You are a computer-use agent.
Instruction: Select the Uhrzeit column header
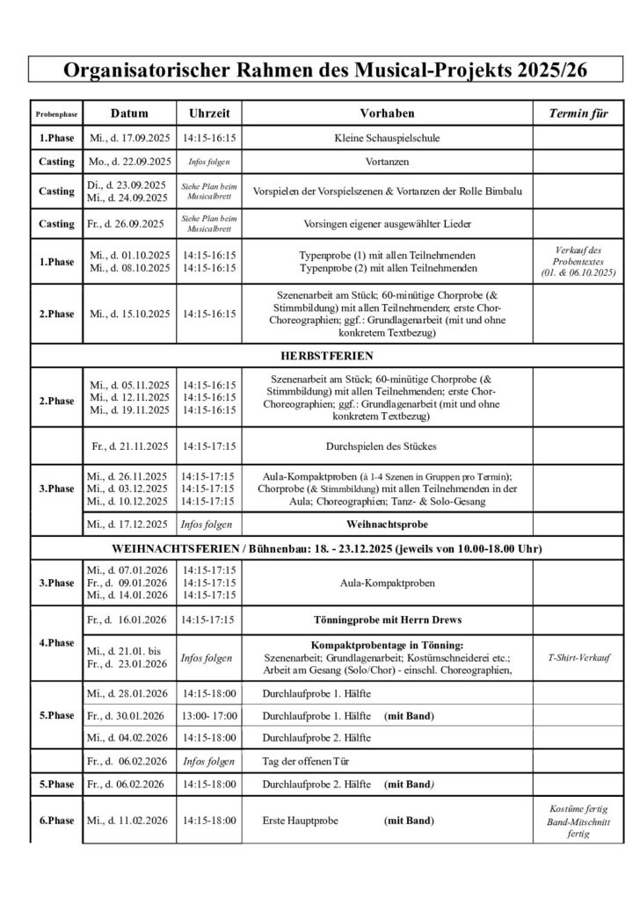[x=209, y=114]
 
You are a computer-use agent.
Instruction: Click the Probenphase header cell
[x=55, y=115]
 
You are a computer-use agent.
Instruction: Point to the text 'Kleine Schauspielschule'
[x=387, y=139]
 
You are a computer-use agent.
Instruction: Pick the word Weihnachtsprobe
[x=387, y=525]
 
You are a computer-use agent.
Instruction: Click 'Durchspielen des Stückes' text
[x=387, y=446]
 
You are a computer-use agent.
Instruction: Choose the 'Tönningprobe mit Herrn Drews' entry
[x=387, y=619]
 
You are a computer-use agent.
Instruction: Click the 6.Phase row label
[x=56, y=821]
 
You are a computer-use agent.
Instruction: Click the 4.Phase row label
[x=56, y=642]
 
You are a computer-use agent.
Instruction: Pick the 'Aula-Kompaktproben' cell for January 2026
[x=387, y=583]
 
